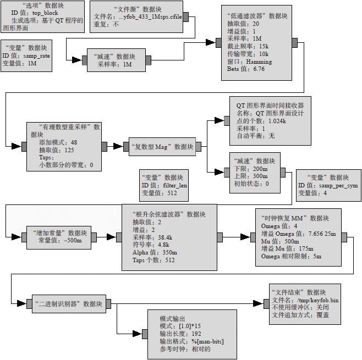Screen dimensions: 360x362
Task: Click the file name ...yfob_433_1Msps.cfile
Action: (149, 17)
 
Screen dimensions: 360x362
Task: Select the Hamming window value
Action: (257, 62)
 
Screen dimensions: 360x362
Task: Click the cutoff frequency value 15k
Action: (260, 46)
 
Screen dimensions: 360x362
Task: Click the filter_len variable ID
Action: (175, 185)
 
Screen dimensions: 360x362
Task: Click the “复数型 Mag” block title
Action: (162, 147)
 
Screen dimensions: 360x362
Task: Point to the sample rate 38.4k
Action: (164, 237)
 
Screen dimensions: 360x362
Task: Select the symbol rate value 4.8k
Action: (163, 245)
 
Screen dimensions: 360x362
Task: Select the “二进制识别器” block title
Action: (69, 304)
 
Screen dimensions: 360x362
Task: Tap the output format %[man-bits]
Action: (205, 341)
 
